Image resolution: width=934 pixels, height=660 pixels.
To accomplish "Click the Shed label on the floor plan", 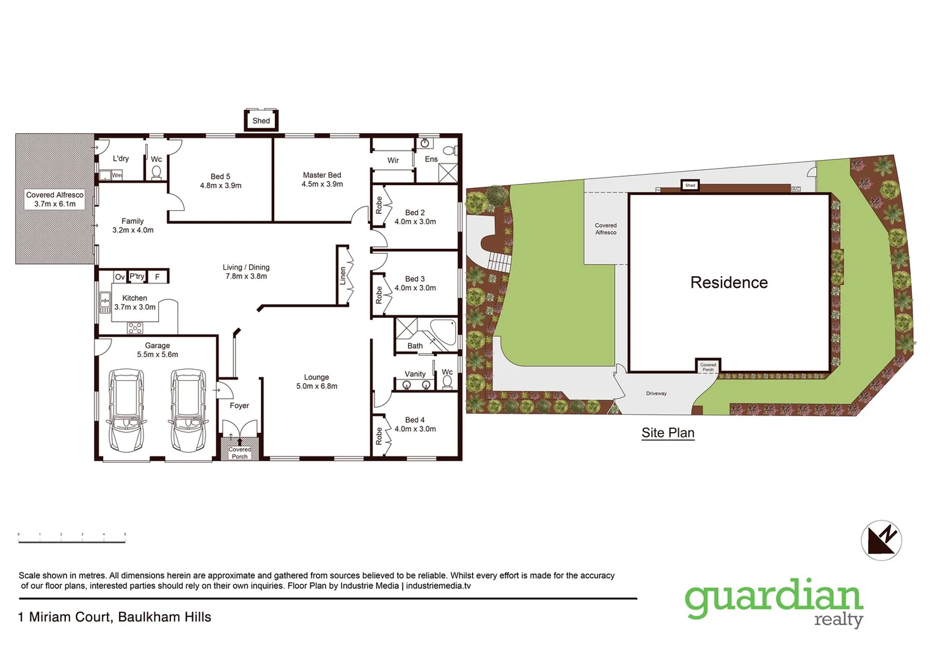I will (x=261, y=120).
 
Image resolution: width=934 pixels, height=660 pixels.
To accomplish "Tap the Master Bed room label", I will (x=322, y=180).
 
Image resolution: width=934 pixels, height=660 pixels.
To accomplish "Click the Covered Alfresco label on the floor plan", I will (x=55, y=199).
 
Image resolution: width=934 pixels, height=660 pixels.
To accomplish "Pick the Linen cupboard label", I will (x=343, y=276).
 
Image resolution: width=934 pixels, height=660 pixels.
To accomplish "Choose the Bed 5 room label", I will (x=221, y=181).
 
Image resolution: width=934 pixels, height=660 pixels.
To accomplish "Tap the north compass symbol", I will (x=881, y=540).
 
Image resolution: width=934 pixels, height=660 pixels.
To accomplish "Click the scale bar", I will (x=72, y=537).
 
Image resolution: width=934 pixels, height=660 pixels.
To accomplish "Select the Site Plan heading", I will (x=668, y=433).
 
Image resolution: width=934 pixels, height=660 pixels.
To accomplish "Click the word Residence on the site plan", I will (x=729, y=282).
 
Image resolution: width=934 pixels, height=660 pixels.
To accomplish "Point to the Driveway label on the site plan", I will (x=656, y=394).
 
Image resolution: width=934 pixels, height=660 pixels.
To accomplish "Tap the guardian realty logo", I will (x=774, y=603).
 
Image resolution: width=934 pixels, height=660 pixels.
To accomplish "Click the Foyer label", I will (x=239, y=406).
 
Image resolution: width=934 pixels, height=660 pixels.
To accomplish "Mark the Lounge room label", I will (x=316, y=381).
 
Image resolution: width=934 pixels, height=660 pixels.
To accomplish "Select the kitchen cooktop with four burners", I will (x=135, y=328).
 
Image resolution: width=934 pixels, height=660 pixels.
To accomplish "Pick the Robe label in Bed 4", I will (x=379, y=436).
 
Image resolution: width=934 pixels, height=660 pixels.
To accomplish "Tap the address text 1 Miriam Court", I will (x=115, y=617).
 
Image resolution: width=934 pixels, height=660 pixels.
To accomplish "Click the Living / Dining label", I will (x=246, y=271).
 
